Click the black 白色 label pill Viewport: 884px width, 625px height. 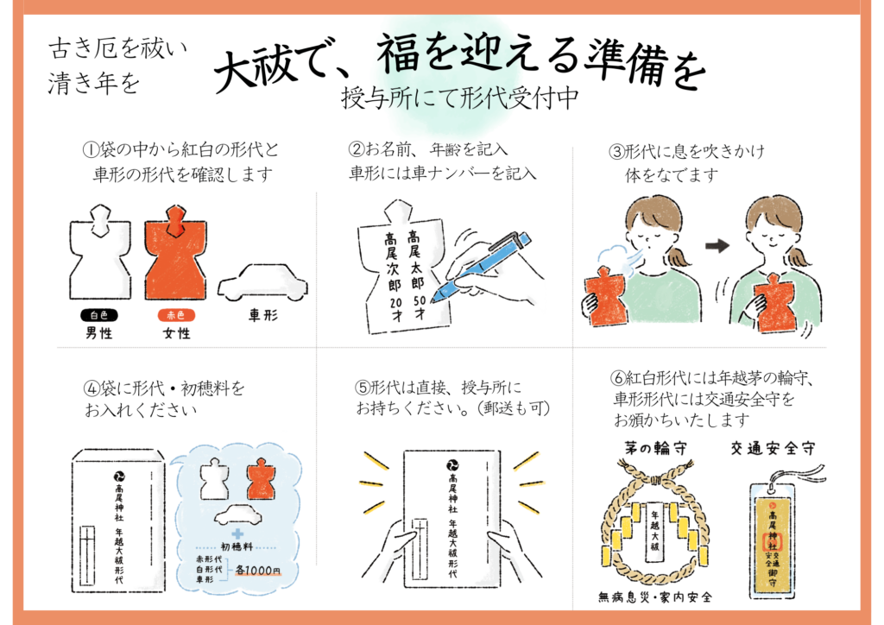coord(99,315)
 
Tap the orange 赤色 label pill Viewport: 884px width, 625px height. coord(176,315)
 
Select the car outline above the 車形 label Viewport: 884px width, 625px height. coord(262,283)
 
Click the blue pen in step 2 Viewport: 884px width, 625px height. coord(481,265)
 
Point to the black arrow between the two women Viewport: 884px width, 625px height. coord(717,246)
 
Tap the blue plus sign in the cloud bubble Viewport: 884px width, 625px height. coord(237,533)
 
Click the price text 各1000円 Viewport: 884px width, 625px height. coord(257,570)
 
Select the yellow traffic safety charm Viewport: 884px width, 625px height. coord(773,541)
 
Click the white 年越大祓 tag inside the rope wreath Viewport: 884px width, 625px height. coord(654,531)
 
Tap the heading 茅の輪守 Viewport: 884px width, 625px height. coord(655,448)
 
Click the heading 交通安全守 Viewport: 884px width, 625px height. coord(773,448)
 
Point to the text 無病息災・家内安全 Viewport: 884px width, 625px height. coord(655,597)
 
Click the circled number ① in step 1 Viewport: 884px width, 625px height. coord(90,150)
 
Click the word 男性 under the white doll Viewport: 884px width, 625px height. coord(99,333)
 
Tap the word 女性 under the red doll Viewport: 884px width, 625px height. coord(176,333)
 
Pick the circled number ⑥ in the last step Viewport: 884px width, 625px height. coord(617,377)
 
